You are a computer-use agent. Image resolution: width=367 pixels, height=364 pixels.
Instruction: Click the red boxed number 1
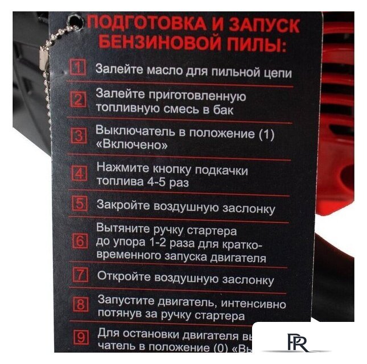pyautogui.click(x=78, y=69)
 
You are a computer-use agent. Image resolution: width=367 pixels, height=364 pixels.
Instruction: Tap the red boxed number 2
pyautogui.click(x=78, y=100)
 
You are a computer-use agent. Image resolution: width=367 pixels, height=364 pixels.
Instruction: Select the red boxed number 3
pyautogui.click(x=79, y=136)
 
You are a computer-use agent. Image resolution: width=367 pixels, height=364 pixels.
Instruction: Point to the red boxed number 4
pyautogui.click(x=80, y=173)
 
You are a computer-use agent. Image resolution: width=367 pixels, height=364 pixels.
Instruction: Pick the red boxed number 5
pyautogui.click(x=81, y=204)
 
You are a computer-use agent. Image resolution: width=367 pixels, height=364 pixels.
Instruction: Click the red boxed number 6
pyautogui.click(x=81, y=241)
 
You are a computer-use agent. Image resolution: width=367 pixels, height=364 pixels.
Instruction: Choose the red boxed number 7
pyautogui.click(x=81, y=275)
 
